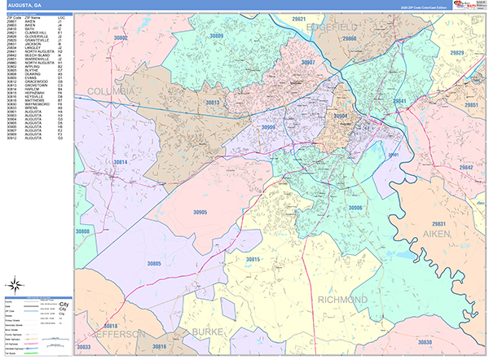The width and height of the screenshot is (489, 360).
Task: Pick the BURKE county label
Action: coord(214,332)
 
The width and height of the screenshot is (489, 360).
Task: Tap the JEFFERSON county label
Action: coord(118,334)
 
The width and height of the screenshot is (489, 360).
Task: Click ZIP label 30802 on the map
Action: coord(121,37)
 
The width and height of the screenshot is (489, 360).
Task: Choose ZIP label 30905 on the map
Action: coord(200,212)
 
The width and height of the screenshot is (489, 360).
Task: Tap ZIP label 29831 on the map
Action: coord(438,223)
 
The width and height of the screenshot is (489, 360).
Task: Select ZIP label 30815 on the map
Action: coord(253,259)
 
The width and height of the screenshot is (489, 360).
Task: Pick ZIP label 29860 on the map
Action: coord(349,38)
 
